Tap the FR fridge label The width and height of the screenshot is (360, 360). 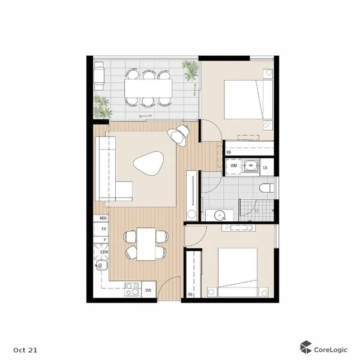point(103,229)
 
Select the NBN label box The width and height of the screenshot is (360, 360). point(103,218)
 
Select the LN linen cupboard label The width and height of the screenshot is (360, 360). point(265,165)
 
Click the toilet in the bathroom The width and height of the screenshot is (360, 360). point(267,188)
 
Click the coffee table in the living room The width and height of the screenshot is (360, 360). point(148,163)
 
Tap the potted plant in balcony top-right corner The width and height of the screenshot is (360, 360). point(191,70)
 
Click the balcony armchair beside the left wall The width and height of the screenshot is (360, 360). point(100,75)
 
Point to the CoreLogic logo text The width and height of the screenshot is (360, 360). point(328,347)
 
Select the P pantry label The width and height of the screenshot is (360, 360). point(103,239)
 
